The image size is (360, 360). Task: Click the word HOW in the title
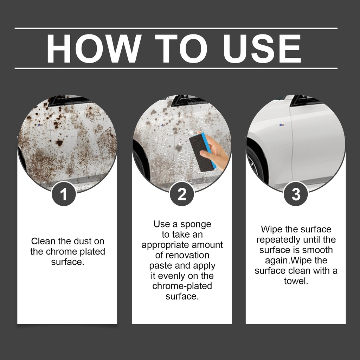pyautogui.click(x=94, y=49)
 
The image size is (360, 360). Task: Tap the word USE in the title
pyautogui.click(x=262, y=49)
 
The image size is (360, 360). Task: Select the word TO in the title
pyautogui.click(x=181, y=49)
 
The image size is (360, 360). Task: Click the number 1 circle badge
pyautogui.click(x=64, y=194)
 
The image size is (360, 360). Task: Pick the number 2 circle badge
pyautogui.click(x=182, y=194)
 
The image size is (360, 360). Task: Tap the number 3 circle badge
pyautogui.click(x=295, y=194)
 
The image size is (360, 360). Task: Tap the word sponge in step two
pyautogui.click(x=195, y=224)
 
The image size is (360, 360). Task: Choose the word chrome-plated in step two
pyautogui.click(x=182, y=286)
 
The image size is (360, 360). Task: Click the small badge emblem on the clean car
pyautogui.click(x=282, y=125)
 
